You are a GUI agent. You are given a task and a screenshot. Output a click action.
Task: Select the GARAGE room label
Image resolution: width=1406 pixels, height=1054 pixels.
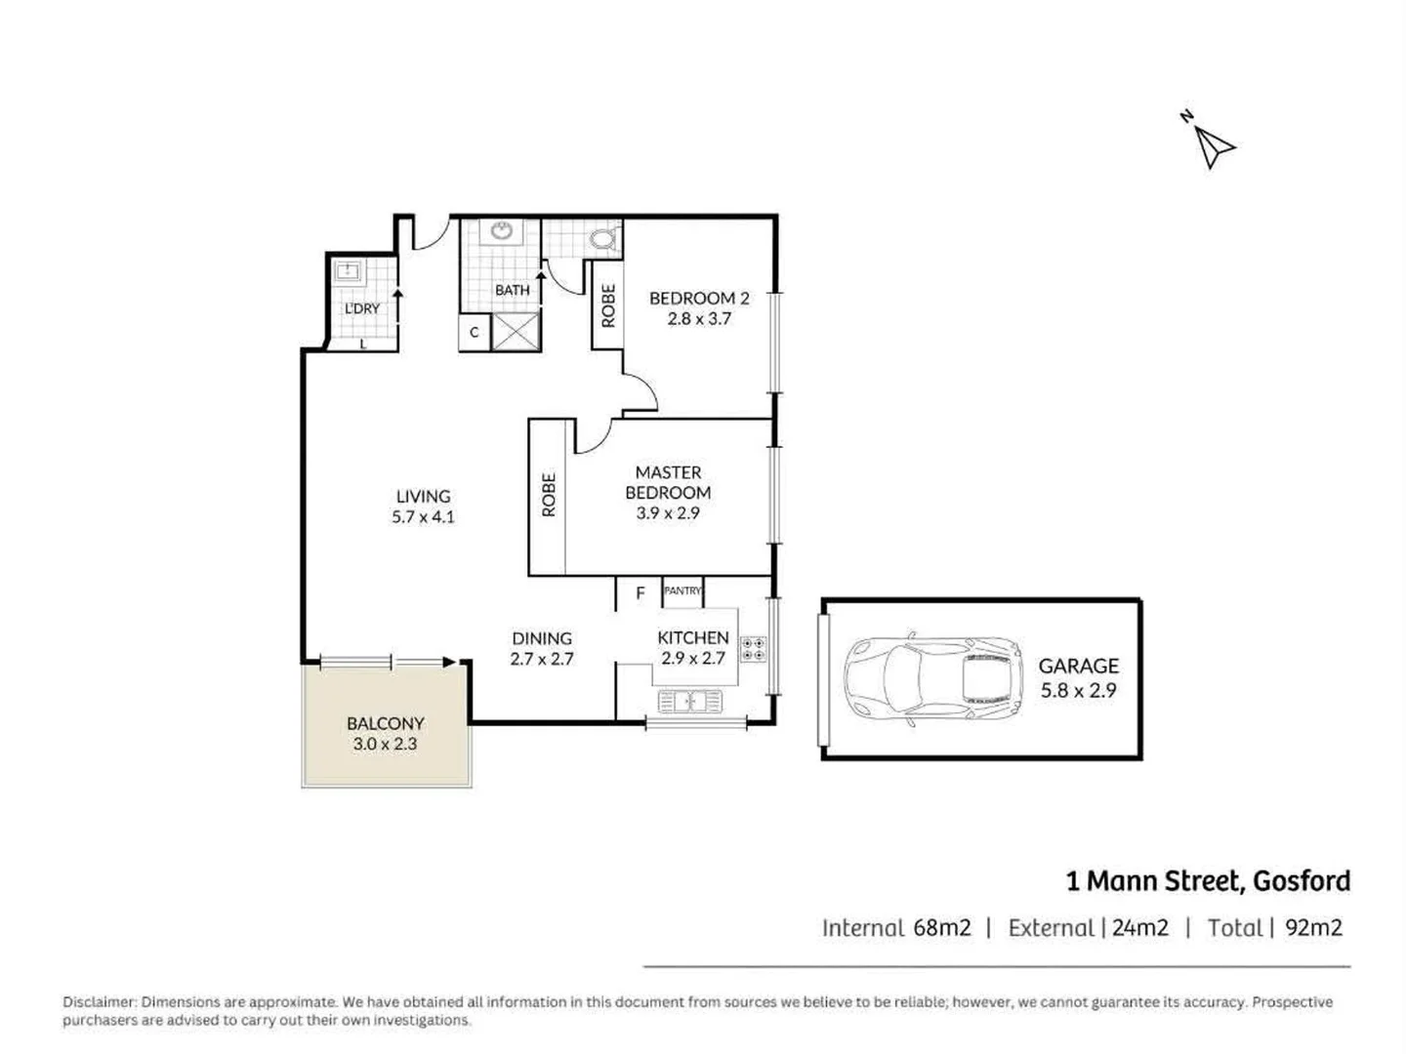tap(1078, 667)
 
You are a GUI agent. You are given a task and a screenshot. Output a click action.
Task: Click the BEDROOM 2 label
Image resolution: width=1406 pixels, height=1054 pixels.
tap(699, 299)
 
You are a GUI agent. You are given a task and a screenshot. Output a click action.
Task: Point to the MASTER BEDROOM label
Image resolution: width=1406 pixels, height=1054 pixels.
tap(668, 483)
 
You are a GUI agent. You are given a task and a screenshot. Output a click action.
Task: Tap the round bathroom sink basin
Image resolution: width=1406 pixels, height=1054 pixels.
tap(503, 231)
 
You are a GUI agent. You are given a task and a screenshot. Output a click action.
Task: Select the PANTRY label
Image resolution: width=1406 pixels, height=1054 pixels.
tap(682, 590)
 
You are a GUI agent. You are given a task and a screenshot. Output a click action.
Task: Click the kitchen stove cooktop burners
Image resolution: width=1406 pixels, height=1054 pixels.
tap(753, 649)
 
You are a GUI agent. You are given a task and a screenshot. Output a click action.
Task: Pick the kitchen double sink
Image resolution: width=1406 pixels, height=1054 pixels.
tap(690, 701)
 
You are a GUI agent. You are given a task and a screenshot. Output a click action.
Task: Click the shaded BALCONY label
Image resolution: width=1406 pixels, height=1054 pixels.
tap(386, 724)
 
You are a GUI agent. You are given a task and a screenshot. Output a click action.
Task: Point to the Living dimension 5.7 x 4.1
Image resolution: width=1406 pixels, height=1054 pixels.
tap(423, 517)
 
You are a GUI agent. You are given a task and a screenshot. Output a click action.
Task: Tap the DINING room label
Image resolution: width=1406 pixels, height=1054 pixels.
tap(542, 639)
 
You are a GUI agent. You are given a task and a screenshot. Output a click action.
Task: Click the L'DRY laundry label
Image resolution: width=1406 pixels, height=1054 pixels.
tap(362, 308)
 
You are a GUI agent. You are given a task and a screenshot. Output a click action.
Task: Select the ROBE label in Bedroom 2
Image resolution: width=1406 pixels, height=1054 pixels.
tap(608, 305)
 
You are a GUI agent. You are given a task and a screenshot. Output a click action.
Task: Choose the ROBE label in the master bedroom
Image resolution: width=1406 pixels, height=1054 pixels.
tap(549, 495)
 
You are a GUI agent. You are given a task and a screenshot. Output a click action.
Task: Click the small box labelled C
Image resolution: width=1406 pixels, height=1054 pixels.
tap(475, 333)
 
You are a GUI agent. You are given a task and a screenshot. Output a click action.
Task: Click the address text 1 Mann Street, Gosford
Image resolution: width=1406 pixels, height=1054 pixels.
tap(1208, 881)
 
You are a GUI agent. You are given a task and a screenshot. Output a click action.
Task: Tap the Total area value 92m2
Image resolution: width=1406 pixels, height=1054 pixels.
tap(1313, 928)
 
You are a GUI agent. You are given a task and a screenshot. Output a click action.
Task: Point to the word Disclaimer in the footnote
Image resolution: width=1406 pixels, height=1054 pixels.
tap(100, 1002)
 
